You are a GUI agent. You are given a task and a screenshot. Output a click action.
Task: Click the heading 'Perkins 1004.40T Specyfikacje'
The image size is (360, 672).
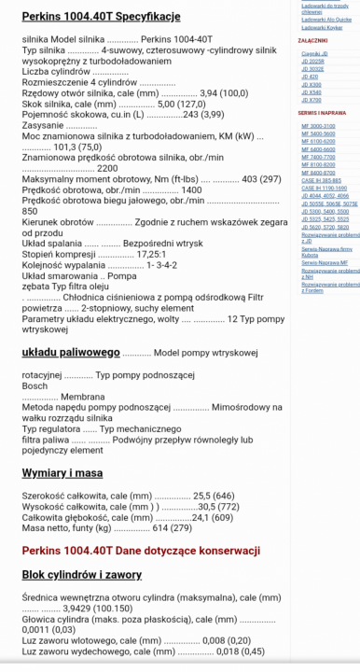click(101, 17)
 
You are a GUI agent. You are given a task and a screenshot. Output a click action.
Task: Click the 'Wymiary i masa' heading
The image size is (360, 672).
click(62, 473)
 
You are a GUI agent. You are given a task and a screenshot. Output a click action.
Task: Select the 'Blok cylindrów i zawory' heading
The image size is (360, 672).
click(81, 575)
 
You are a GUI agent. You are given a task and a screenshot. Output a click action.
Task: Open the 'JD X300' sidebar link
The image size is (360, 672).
click(312, 84)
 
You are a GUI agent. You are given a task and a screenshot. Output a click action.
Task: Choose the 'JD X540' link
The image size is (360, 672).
click(312, 91)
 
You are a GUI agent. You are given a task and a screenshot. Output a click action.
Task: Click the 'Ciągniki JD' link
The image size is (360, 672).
click(314, 54)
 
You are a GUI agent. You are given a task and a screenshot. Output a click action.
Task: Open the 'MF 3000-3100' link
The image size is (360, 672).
click(318, 125)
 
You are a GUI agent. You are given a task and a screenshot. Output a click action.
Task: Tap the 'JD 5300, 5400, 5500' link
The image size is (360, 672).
click(324, 211)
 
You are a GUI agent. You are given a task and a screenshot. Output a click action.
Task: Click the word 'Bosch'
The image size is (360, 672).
click(35, 385)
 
